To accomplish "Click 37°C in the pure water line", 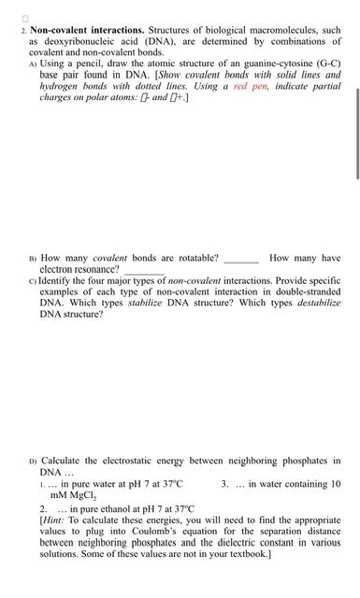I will pyautogui.click(x=168, y=483).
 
